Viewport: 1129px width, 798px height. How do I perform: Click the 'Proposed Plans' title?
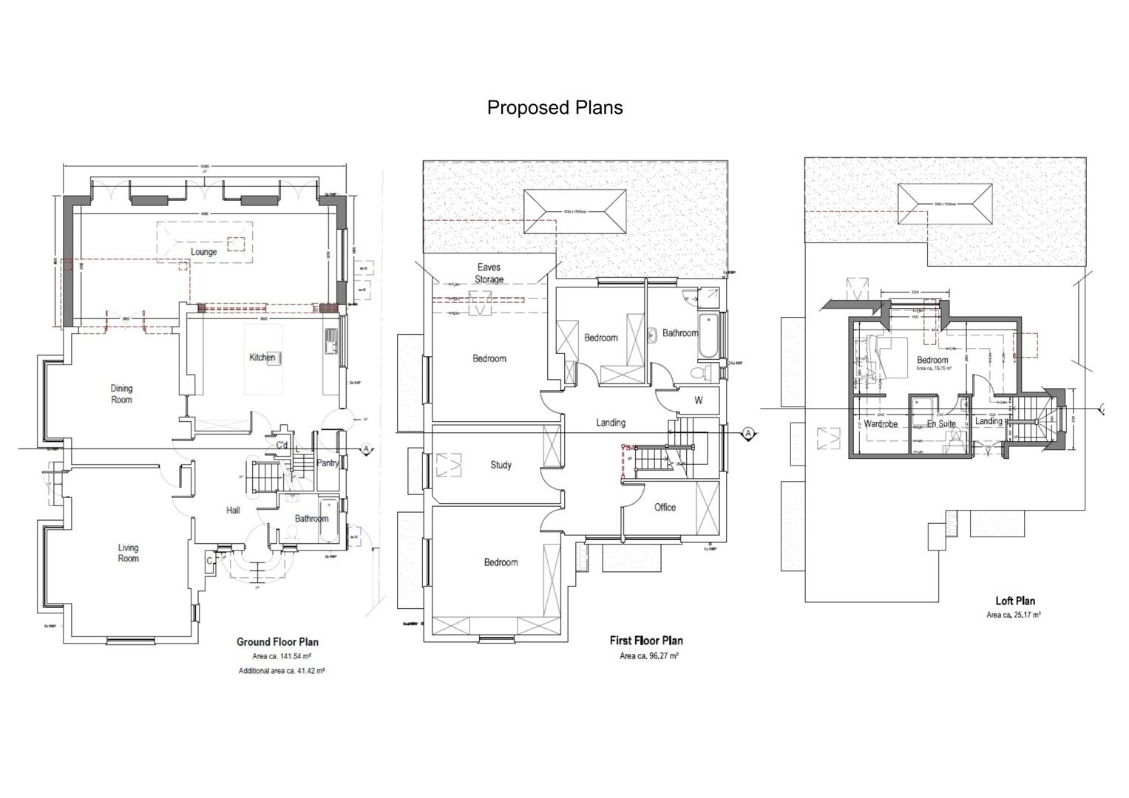[x=555, y=108]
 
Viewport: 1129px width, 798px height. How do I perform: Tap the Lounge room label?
[x=204, y=252]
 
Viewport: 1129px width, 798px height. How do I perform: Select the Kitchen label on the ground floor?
[x=262, y=358]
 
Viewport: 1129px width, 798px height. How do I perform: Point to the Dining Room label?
[x=121, y=394]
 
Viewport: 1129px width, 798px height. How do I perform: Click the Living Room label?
[x=128, y=553]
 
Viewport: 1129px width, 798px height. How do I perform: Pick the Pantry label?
[x=328, y=463]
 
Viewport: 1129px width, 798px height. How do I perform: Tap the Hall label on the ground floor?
[x=233, y=511]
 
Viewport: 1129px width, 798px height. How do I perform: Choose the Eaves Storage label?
[x=489, y=273]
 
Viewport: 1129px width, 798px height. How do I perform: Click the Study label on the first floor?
[x=501, y=465]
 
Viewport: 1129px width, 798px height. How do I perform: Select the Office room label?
[x=665, y=508]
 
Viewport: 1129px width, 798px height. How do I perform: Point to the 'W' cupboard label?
[x=699, y=400]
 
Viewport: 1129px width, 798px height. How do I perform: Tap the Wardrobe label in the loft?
[x=881, y=424]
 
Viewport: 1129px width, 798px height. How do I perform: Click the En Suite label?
[x=941, y=424]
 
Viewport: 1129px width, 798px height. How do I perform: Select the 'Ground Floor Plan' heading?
[x=277, y=642]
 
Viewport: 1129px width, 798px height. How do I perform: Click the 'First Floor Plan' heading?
[x=646, y=641]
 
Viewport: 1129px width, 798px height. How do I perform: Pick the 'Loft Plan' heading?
[x=1015, y=601]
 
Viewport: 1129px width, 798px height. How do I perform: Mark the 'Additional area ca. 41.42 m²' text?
[x=282, y=671]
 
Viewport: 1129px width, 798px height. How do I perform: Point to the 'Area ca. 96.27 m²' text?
[x=649, y=656]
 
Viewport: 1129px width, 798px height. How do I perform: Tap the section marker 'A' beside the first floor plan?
[x=748, y=434]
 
